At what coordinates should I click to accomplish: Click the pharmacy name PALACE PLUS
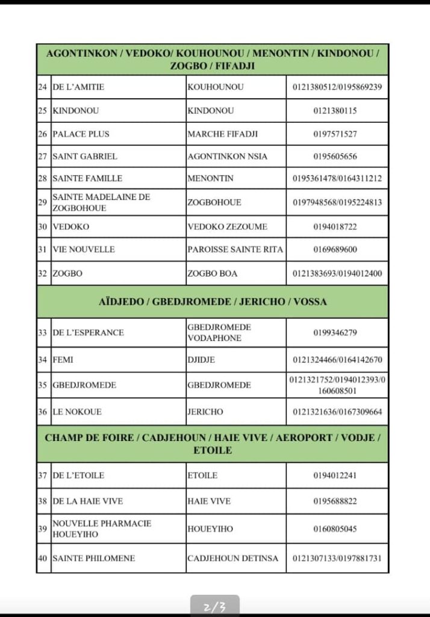coord(81,134)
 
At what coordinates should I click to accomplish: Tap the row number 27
coord(42,156)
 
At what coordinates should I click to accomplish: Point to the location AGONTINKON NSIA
coord(228,156)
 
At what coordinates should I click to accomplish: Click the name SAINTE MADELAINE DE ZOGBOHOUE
coord(101,202)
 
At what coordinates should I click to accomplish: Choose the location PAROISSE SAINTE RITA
coord(235,249)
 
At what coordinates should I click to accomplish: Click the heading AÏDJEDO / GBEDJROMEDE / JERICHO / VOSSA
coord(213,302)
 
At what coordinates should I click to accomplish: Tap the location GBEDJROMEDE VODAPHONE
coord(219,333)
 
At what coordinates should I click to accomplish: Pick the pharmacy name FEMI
coord(63,360)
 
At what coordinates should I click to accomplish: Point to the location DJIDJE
coord(201,360)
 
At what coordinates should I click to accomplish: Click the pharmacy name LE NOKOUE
coord(77,412)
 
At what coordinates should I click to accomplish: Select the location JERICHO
coord(205,412)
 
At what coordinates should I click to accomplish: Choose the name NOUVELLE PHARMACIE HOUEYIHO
coord(102,529)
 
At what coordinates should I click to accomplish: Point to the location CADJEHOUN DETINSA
coord(233,559)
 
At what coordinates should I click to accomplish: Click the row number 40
coord(42,559)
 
